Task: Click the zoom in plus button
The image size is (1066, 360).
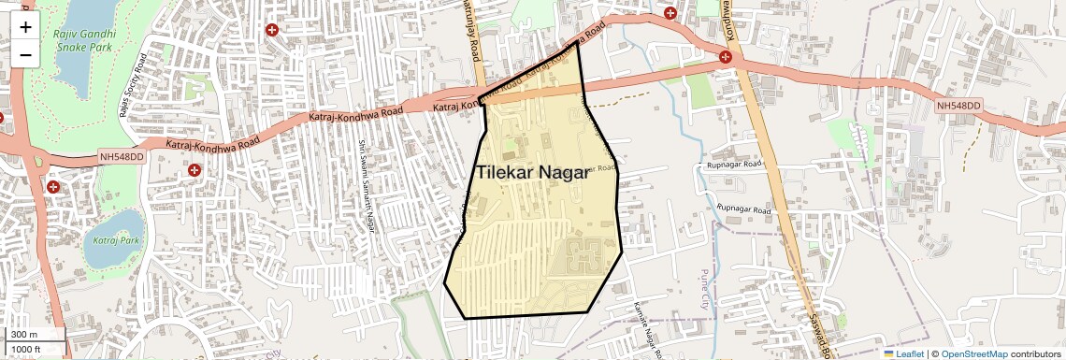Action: point(25,26)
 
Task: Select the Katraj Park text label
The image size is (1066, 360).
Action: point(114,240)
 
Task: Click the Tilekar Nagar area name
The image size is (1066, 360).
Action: point(532,173)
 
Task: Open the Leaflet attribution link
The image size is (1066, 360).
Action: point(910,353)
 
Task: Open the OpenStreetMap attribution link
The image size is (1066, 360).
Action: point(974,353)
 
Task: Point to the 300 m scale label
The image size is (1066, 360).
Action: point(25,335)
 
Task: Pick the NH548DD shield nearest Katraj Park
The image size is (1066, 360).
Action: point(121,158)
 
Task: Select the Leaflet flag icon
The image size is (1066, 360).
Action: point(889,353)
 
